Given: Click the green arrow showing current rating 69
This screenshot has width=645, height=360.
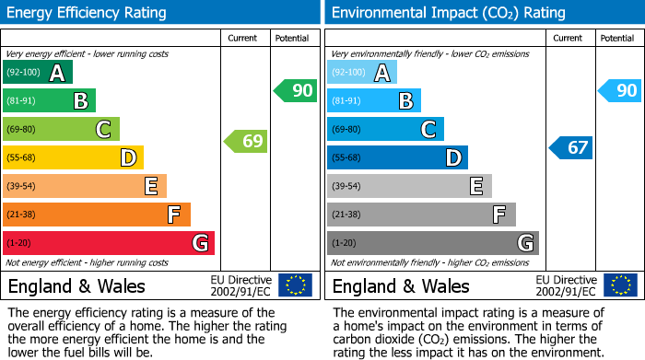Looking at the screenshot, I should (x=245, y=142).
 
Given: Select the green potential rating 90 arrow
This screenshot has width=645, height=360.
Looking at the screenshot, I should (x=295, y=91).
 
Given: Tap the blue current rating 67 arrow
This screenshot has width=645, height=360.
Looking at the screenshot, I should (x=571, y=147).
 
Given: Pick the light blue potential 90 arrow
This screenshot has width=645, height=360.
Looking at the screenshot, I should (x=619, y=91).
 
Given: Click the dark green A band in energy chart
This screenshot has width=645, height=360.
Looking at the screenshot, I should (x=38, y=73).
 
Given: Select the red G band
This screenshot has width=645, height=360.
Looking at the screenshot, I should (x=109, y=243).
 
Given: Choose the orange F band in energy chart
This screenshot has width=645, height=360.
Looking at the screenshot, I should (x=97, y=215).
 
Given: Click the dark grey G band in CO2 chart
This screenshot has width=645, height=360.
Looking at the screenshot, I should (x=432, y=243).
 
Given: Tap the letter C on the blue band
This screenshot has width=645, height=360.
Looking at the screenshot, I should (x=428, y=130).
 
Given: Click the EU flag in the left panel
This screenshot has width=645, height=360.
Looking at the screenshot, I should (x=296, y=285).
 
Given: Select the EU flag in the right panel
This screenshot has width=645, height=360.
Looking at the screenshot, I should (x=620, y=285).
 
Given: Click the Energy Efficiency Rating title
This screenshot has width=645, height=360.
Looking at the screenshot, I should (x=88, y=13).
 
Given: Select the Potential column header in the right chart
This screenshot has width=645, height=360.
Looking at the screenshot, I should (x=617, y=38).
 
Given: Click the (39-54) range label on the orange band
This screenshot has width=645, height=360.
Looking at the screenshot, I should (x=23, y=187).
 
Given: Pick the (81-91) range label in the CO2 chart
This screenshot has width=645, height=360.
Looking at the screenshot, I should (x=347, y=101).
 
